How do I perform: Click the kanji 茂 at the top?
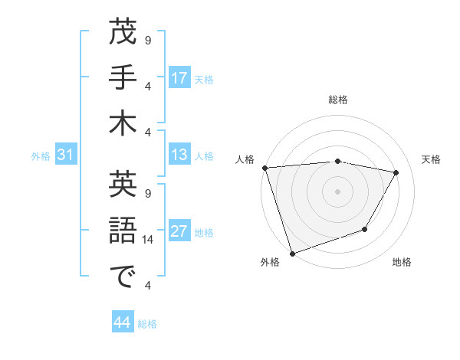click(x=123, y=33)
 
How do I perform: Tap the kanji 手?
click(x=123, y=79)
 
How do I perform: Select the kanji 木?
click(x=123, y=125)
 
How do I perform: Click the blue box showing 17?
click(x=179, y=78)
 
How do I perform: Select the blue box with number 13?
click(x=179, y=155)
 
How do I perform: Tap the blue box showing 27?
click(x=179, y=232)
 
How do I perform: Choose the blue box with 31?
click(x=65, y=155)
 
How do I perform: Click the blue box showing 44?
click(x=122, y=323)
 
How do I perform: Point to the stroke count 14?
click(x=149, y=240)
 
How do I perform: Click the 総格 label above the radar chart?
click(x=338, y=100)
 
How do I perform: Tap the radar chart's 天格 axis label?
click(x=432, y=159)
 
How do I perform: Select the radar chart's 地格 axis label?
click(x=402, y=262)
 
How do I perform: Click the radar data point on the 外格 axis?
click(x=292, y=254)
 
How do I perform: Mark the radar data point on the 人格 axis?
click(x=264, y=168)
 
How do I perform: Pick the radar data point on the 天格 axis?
click(x=396, y=172)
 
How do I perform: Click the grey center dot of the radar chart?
click(x=338, y=191)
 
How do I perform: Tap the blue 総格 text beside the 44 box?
click(x=147, y=324)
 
